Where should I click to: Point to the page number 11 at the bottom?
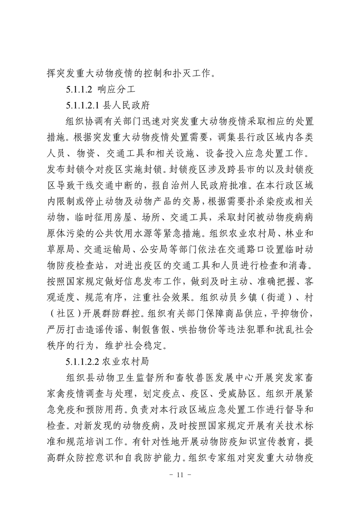(x=180, y=488)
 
